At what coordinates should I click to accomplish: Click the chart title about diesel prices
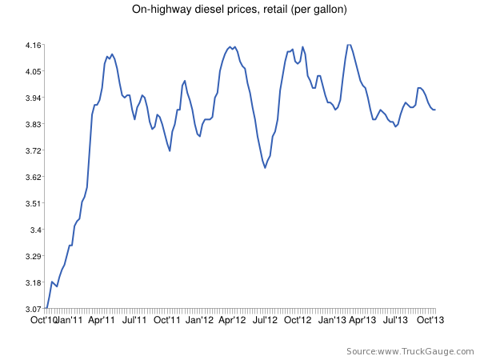pyautogui.click(x=239, y=10)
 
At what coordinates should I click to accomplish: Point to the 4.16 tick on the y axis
pyautogui.click(x=32, y=45)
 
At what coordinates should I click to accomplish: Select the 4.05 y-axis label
pyautogui.click(x=32, y=71)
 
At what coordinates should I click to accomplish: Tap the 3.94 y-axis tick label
pyautogui.click(x=32, y=98)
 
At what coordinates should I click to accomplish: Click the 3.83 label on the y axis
pyautogui.click(x=32, y=124)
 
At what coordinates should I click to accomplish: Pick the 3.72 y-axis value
pyautogui.click(x=32, y=150)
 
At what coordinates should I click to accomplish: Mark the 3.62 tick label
pyautogui.click(x=32, y=177)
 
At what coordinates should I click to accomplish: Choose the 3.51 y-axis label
pyautogui.click(x=32, y=203)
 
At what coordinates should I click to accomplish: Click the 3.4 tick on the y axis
pyautogui.click(x=34, y=230)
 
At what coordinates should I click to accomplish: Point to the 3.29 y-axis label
pyautogui.click(x=32, y=256)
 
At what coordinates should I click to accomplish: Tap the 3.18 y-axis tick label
pyautogui.click(x=32, y=282)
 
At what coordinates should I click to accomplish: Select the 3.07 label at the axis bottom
pyautogui.click(x=32, y=309)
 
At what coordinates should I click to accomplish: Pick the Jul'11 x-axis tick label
pyautogui.click(x=134, y=319)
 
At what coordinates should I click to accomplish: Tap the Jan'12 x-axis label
pyautogui.click(x=199, y=319)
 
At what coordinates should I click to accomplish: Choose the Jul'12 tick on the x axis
pyautogui.click(x=265, y=319)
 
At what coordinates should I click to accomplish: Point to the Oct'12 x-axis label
pyautogui.click(x=298, y=319)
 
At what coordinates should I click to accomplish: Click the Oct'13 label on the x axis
pyautogui.click(x=429, y=319)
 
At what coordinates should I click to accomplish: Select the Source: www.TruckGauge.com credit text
pyautogui.click(x=408, y=351)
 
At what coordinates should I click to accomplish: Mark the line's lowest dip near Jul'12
pyautogui.click(x=265, y=167)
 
